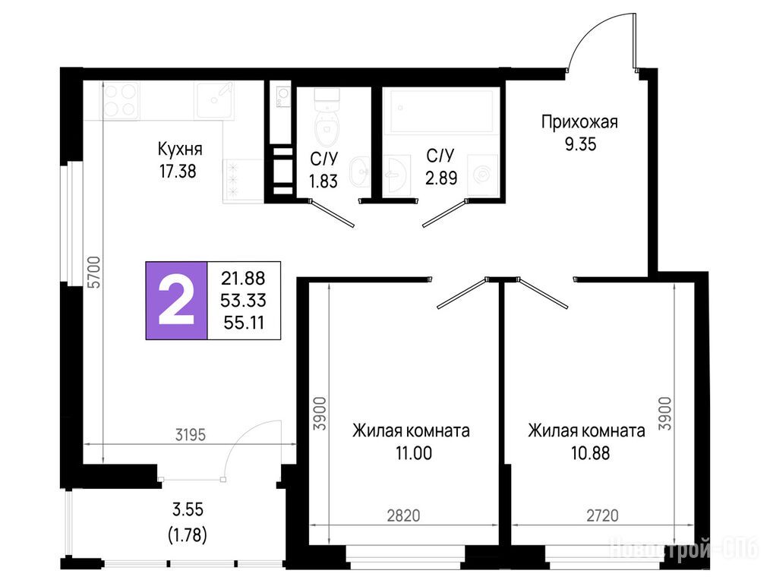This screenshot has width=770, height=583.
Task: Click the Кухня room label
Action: [180, 149]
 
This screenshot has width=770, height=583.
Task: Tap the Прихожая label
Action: [579, 122]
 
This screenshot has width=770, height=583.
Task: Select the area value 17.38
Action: [177, 172]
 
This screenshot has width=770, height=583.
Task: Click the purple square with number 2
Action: [176, 301]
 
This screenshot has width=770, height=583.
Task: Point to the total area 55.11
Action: [244, 323]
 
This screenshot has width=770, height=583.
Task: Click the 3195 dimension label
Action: [191, 435]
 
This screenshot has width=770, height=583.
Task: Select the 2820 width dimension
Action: [404, 515]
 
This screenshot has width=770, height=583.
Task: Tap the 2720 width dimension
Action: [602, 515]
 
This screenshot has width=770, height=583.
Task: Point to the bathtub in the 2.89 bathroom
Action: [441, 111]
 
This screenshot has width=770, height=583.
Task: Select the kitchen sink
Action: [214, 100]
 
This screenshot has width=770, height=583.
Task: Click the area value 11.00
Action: [414, 453]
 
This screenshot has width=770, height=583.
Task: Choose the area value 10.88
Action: [590, 453]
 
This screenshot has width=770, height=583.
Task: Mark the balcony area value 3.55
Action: [188, 509]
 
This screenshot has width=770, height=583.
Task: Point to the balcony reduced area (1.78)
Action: [188, 534]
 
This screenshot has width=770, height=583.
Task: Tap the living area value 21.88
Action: [243, 279]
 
